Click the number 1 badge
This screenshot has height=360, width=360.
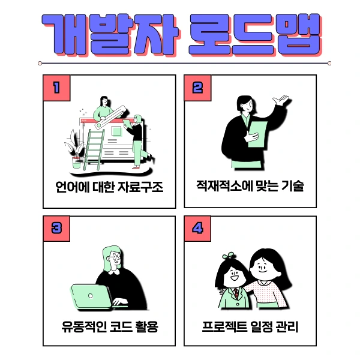point(57,88)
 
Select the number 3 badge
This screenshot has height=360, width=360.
point(57,229)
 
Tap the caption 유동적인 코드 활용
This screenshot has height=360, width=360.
point(109,328)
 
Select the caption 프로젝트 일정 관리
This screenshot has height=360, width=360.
point(250,328)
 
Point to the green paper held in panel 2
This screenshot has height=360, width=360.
point(256,133)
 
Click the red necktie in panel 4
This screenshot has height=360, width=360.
point(236,294)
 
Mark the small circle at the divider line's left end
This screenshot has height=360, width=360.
point(40,62)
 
